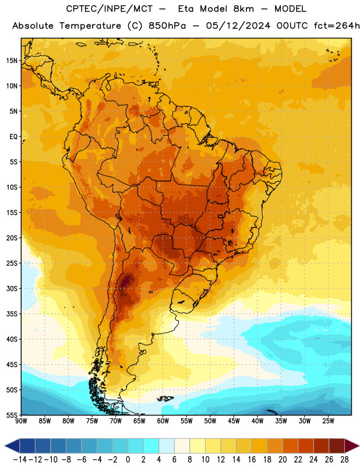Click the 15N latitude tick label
click(x=12, y=61)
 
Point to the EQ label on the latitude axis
click(x=13, y=137)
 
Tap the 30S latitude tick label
click(x=12, y=288)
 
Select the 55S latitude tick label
click(x=12, y=415)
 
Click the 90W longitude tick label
click(x=22, y=421)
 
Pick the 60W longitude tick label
click(x=163, y=421)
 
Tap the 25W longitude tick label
click(x=328, y=421)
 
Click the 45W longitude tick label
click(x=234, y=421)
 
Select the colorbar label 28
click(x=344, y=460)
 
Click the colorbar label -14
click(x=20, y=460)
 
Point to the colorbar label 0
click(x=128, y=460)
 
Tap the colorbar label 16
click(x=252, y=460)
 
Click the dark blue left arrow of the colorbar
click(x=12, y=446)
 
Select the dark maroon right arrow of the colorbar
click(x=352, y=446)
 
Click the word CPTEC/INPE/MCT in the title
click(x=109, y=9)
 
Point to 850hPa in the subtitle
click(x=167, y=26)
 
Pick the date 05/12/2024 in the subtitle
click(x=238, y=26)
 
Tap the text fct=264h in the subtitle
click(x=337, y=26)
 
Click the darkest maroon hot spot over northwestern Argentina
click(x=126, y=281)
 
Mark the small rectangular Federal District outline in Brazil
click(x=221, y=216)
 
